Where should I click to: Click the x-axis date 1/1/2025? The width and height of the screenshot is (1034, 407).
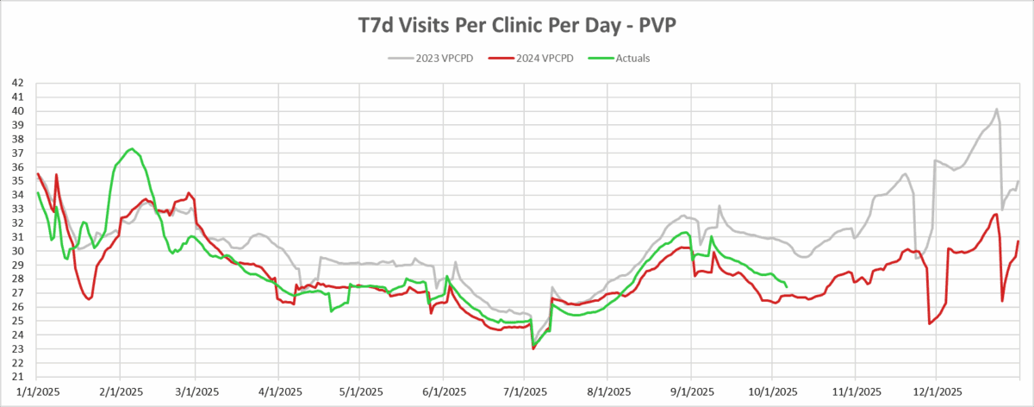(37, 391)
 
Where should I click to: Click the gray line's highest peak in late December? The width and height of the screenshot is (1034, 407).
(996, 110)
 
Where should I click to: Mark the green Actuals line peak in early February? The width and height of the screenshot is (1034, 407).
(131, 148)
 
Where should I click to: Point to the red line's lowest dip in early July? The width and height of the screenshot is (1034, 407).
(533, 348)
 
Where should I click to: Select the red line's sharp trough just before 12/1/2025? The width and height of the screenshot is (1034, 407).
(930, 323)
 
